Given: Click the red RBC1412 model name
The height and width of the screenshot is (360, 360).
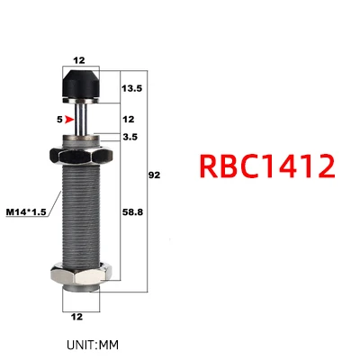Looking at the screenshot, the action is (267, 166).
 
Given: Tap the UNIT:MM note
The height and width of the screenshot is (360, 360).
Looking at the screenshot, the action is (93, 345).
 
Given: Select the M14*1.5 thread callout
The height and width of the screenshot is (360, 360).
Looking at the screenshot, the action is (26, 212).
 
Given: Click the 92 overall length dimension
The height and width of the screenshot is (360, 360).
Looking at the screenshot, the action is (155, 175).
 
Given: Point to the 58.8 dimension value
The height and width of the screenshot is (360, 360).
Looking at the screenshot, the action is (132, 212).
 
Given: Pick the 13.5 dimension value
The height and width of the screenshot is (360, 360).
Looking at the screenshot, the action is (131, 88).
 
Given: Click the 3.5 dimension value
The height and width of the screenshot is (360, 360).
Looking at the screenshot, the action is (130, 137).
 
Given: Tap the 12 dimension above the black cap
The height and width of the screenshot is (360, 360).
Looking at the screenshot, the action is (79, 60).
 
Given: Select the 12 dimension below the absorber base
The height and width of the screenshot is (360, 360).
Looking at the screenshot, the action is (76, 317).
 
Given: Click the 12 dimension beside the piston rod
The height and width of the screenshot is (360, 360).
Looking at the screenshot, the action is (129, 120).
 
